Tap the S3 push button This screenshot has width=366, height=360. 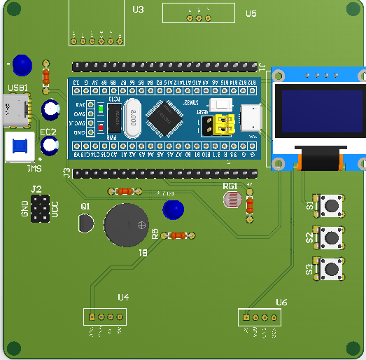[x=330, y=269]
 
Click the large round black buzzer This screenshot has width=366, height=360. [x=127, y=225]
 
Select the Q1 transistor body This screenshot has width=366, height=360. [x=85, y=224]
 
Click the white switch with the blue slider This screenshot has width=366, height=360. [x=19, y=148]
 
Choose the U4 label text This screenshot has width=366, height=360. [x=123, y=297]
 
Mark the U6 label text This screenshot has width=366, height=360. [x=281, y=302]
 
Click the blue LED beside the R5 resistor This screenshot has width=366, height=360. [x=172, y=209]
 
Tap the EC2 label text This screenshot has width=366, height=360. [x=48, y=132]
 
